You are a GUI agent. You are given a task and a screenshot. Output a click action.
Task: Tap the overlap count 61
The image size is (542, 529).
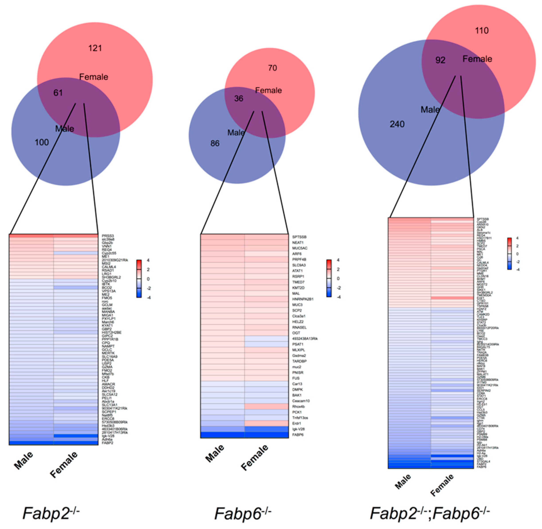click(58, 93)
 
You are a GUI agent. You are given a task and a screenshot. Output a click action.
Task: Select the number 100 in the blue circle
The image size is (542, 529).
click(41, 142)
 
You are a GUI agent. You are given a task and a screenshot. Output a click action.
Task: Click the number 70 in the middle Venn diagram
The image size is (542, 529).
click(272, 68)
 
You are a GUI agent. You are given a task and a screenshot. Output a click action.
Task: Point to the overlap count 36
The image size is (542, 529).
click(239, 99)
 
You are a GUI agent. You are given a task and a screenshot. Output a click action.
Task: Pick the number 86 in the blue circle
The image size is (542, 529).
click(215, 143)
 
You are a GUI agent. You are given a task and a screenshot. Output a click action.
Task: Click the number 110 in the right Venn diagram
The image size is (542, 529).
click(482, 31)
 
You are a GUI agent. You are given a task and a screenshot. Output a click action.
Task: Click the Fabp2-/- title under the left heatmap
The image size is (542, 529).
click(51, 513)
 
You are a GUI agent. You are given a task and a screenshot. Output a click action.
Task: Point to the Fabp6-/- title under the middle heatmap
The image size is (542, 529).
click(242, 513)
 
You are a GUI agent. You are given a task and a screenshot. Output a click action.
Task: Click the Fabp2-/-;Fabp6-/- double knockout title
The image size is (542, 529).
click(430, 513)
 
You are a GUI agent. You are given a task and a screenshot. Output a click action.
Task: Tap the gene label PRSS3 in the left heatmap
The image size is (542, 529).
click(108, 236)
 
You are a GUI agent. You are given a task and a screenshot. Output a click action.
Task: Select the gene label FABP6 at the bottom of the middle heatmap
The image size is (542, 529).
click(298, 435)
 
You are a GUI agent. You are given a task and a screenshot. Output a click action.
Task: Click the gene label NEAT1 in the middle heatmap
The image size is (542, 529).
click(298, 243)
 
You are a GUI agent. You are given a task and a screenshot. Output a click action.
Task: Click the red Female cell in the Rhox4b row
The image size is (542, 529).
click(266, 406)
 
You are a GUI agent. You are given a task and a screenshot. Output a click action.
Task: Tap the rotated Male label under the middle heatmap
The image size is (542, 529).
click(215, 453)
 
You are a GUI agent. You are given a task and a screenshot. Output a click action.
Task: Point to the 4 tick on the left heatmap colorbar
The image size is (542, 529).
click(148, 260)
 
